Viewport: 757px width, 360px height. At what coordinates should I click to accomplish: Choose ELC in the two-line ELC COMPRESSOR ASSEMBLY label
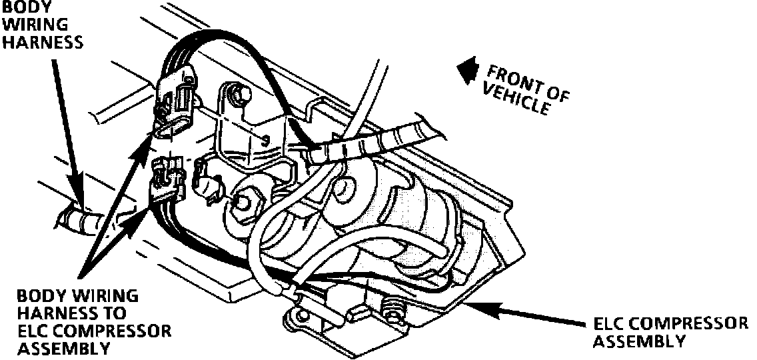click(610, 324)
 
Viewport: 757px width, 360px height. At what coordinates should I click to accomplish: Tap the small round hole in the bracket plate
click(266, 141)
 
